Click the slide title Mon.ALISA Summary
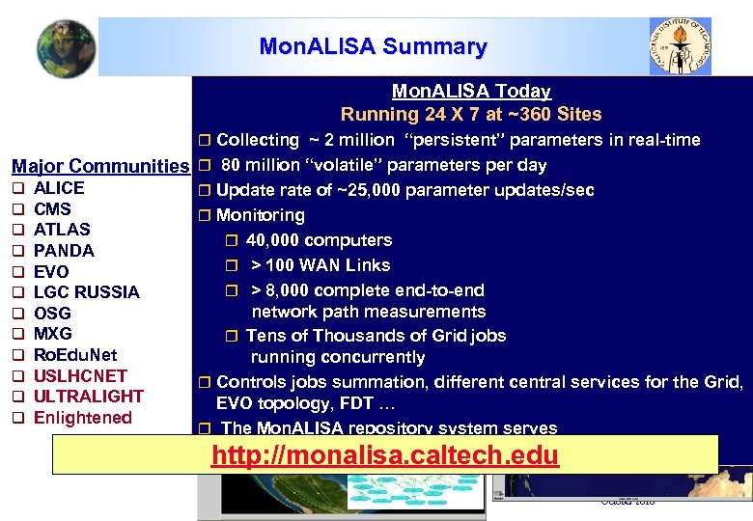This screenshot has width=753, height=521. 373,46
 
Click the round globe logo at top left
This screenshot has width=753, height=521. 67,48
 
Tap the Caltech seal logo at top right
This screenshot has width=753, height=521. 681,45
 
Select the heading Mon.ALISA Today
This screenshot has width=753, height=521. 471,92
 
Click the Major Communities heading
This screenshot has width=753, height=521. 100,166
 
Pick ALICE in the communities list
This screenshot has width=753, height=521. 59,188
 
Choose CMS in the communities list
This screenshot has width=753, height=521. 52,208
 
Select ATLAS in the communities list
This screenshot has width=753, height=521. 62,230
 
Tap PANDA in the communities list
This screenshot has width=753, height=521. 64,251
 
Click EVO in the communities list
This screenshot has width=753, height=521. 51,272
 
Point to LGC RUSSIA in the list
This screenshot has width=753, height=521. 86,292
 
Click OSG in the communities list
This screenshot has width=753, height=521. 52,314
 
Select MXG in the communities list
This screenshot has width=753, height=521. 53,334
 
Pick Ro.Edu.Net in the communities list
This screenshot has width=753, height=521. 75,355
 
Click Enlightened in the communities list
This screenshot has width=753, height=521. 82,418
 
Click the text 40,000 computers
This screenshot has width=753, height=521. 319,240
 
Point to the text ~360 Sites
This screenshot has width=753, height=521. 557,114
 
